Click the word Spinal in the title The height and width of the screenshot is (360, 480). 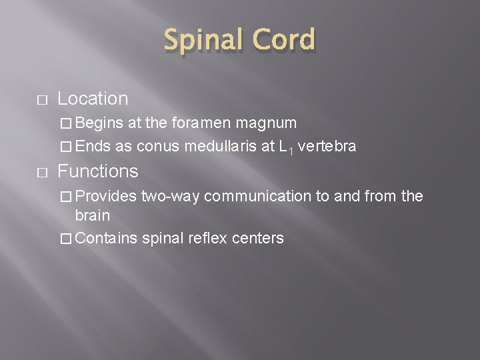coord(200,41)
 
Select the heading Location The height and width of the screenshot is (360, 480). coord(93,99)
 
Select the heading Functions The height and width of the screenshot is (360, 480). coord(98,171)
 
